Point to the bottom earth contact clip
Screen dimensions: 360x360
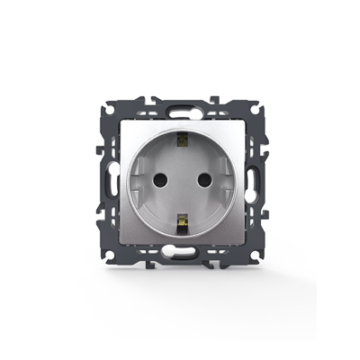(x=181, y=219)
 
